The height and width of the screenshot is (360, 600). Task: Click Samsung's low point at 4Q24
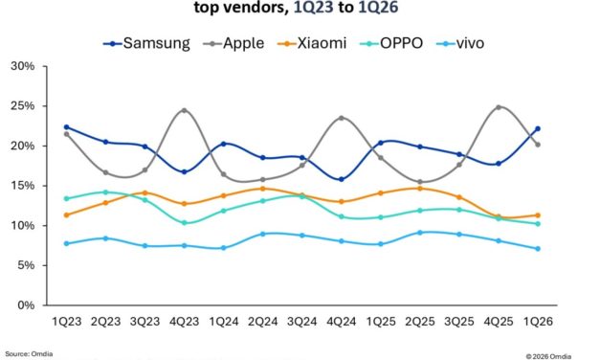tap(341, 179)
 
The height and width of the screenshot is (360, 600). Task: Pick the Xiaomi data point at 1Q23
tap(65, 214)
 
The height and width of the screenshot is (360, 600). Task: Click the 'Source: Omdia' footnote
tap(30, 353)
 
